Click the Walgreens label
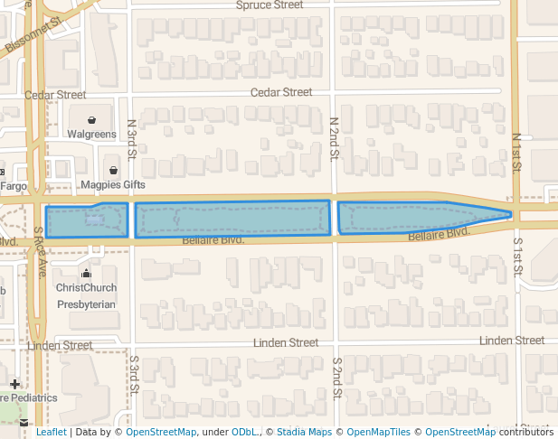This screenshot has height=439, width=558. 92,135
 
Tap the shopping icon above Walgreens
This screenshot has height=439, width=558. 92,119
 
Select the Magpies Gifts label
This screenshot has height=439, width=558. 113,185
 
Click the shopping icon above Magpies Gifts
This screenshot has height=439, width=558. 113,170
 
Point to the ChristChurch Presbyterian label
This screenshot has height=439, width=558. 86,296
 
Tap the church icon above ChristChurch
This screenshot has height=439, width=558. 86,273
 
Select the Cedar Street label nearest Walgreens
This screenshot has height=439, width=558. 55,95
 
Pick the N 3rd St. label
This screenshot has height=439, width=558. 132,138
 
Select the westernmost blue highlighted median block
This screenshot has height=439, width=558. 87,221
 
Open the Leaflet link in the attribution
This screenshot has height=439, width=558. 51,433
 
